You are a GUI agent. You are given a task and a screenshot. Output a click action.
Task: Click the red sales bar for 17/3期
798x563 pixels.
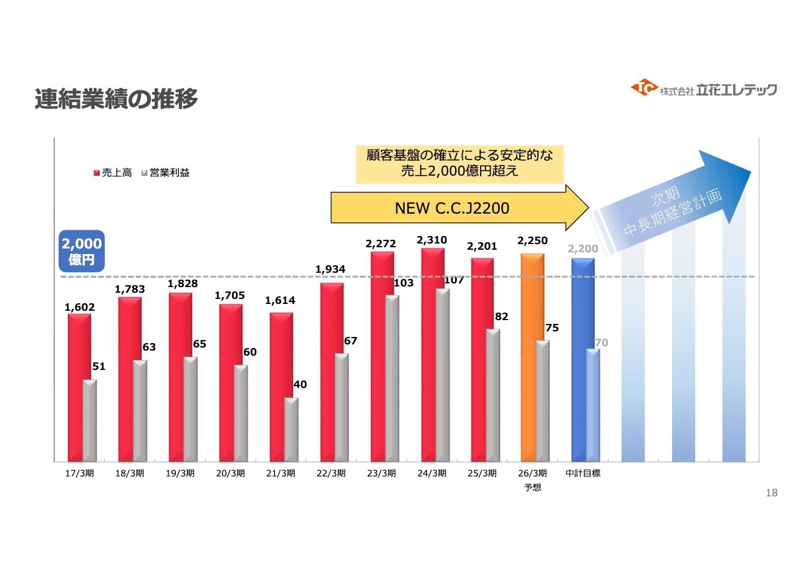(x=79, y=386)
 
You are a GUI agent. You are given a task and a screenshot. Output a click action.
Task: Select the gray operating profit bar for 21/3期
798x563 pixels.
(x=291, y=430)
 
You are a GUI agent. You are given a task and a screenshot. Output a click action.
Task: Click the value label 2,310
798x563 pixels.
(x=431, y=240)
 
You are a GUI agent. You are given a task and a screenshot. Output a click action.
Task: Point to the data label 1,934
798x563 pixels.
(x=330, y=269)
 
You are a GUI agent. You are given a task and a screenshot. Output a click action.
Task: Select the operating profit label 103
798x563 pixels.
(x=404, y=283)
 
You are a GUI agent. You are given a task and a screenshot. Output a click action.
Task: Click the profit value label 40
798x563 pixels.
(x=300, y=385)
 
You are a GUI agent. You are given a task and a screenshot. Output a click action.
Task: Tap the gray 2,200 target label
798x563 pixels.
(x=583, y=249)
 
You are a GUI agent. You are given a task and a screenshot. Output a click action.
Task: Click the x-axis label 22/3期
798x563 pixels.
(x=330, y=473)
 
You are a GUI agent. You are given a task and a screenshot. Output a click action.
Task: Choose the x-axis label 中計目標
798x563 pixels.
(x=583, y=473)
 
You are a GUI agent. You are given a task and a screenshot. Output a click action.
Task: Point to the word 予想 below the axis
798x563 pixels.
(x=532, y=488)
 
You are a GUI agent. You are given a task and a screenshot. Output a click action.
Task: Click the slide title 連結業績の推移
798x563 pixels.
(x=117, y=99)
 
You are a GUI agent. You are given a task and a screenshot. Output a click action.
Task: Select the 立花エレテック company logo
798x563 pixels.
(x=704, y=89)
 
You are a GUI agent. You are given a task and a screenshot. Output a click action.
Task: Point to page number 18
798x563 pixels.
(x=772, y=493)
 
